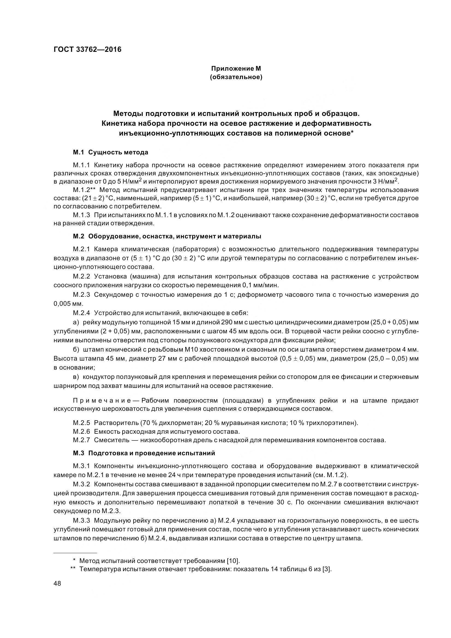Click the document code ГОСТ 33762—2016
click(x=88, y=50)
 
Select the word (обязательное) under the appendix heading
click(x=236, y=77)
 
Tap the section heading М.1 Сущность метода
click(x=110, y=152)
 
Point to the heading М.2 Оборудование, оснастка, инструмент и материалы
click(x=167, y=236)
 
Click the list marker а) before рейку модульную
click(x=76, y=322)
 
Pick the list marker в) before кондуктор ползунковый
click(x=76, y=377)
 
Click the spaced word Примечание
click(x=106, y=401)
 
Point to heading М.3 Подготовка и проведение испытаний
click(x=144, y=453)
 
